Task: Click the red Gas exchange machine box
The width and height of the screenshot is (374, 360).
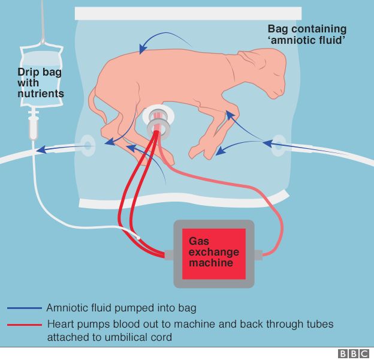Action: [x=213, y=253]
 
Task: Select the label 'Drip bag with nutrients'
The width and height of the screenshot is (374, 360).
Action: [x=40, y=83]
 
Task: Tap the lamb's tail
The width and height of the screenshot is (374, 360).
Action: [x=94, y=102]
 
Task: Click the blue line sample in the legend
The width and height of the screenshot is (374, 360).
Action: [x=25, y=308]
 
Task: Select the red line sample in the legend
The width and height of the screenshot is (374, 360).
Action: [x=25, y=324]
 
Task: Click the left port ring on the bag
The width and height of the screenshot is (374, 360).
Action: [x=87, y=145]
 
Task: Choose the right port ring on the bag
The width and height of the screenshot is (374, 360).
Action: [x=278, y=145]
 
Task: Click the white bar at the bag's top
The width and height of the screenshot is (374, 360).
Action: [x=188, y=13]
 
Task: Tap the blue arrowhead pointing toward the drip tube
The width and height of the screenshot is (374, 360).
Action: [x=41, y=149]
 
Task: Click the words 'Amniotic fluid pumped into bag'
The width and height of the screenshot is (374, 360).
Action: [x=121, y=308]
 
